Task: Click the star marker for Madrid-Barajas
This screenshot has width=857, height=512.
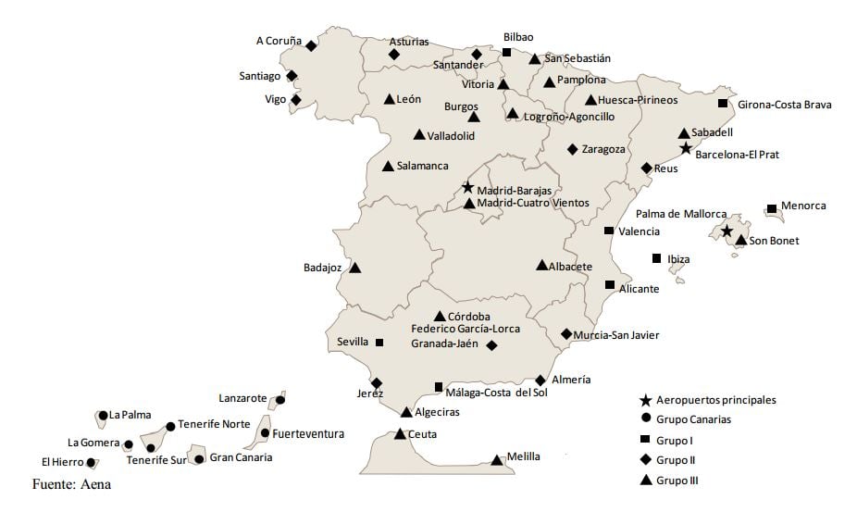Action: pyautogui.click(x=467, y=188)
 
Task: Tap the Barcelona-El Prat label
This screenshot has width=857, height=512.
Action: pyautogui.click(x=737, y=155)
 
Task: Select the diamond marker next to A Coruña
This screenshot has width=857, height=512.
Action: pyautogui.click(x=311, y=45)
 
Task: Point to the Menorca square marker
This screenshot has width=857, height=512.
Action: pyautogui.click(x=771, y=209)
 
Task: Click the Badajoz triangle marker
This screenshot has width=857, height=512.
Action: pyautogui.click(x=354, y=268)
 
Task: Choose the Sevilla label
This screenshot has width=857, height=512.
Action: pyautogui.click(x=353, y=342)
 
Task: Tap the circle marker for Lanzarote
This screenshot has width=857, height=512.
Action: pyautogui.click(x=280, y=400)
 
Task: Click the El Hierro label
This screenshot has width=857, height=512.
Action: pyautogui.click(x=61, y=461)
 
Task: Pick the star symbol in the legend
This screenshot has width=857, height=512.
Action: pyautogui.click(x=646, y=400)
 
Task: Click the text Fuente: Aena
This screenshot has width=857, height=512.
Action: pyautogui.click(x=71, y=484)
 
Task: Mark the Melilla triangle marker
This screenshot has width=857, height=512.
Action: pyautogui.click(x=497, y=459)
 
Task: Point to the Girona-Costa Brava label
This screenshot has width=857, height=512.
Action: pyautogui.click(x=784, y=105)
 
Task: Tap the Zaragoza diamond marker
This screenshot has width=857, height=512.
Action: pyautogui.click(x=573, y=149)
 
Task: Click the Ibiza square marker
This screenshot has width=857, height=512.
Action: pyautogui.click(x=657, y=258)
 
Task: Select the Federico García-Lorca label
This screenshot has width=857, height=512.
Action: pyautogui.click(x=466, y=329)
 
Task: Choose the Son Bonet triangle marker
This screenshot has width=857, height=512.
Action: pyautogui.click(x=740, y=241)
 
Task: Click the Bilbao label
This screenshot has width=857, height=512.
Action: pyautogui.click(x=518, y=37)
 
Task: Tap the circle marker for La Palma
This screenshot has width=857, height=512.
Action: pyautogui.click(x=103, y=416)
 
